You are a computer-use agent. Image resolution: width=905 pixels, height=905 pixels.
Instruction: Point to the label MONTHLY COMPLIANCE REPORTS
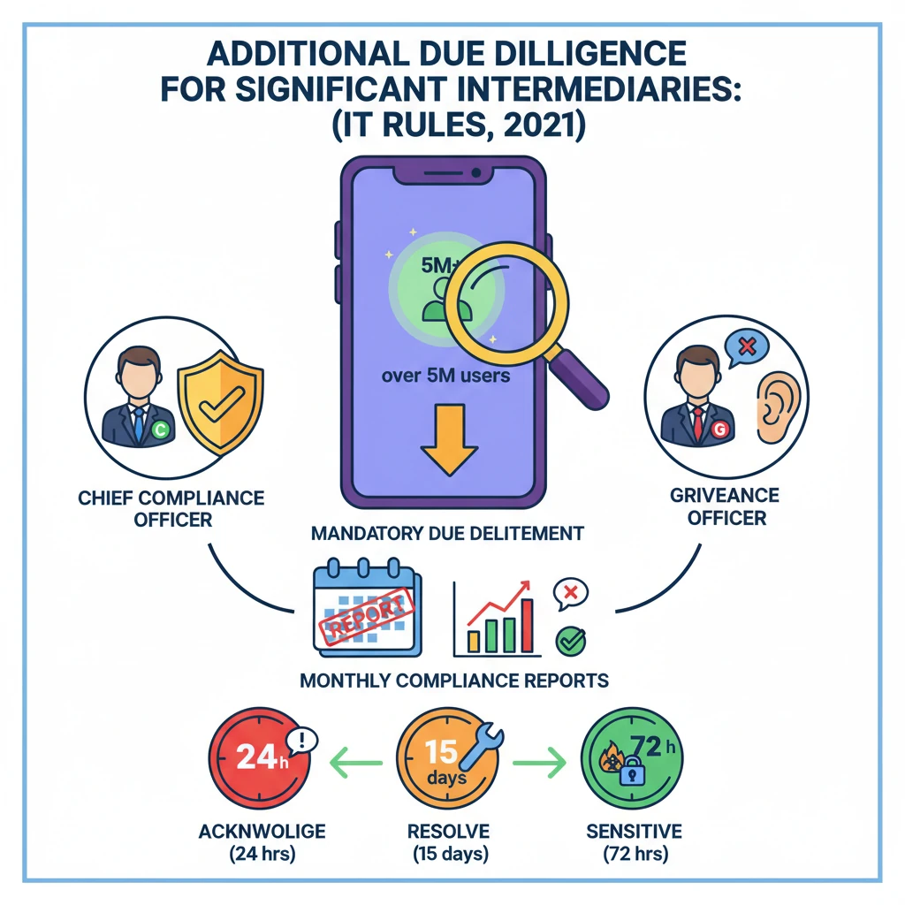click(x=453, y=681)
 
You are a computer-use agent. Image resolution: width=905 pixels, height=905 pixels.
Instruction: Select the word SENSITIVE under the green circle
click(x=634, y=832)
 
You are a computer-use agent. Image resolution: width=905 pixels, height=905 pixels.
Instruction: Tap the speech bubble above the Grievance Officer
click(x=745, y=347)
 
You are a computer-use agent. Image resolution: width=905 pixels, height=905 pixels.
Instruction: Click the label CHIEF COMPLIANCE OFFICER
click(x=171, y=508)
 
